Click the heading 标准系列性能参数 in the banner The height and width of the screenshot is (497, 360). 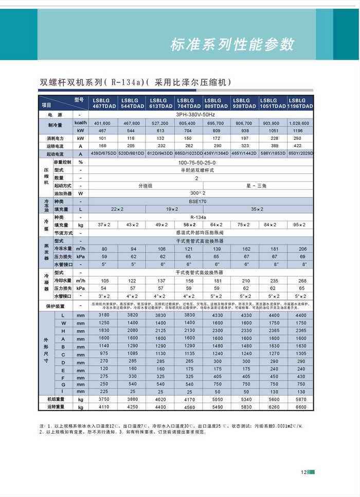[232, 44]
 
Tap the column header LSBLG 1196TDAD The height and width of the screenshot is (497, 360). [300, 103]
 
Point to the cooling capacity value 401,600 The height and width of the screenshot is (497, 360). [102, 123]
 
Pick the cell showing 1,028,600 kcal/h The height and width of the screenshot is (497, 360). [299, 123]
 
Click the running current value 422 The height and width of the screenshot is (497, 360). [299, 146]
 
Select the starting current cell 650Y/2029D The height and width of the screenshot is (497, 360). [300, 154]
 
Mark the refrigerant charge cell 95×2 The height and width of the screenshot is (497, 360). [300, 225]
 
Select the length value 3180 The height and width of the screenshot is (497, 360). [103, 315]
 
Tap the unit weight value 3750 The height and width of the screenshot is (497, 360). [103, 399]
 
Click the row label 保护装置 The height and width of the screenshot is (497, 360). [55, 306]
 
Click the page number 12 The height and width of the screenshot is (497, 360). [304, 472]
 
